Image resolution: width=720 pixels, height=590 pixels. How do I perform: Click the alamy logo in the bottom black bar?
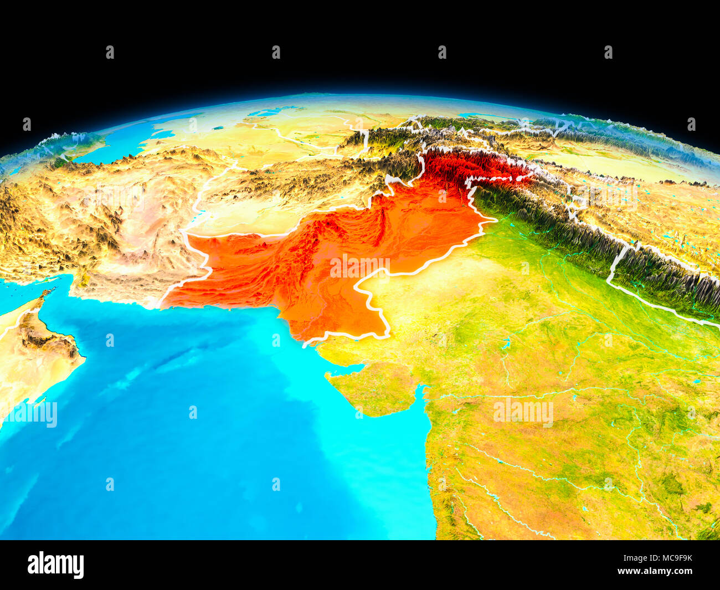pos(55,565)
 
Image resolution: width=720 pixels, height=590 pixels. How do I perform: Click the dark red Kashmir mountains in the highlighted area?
pos(471,166)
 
